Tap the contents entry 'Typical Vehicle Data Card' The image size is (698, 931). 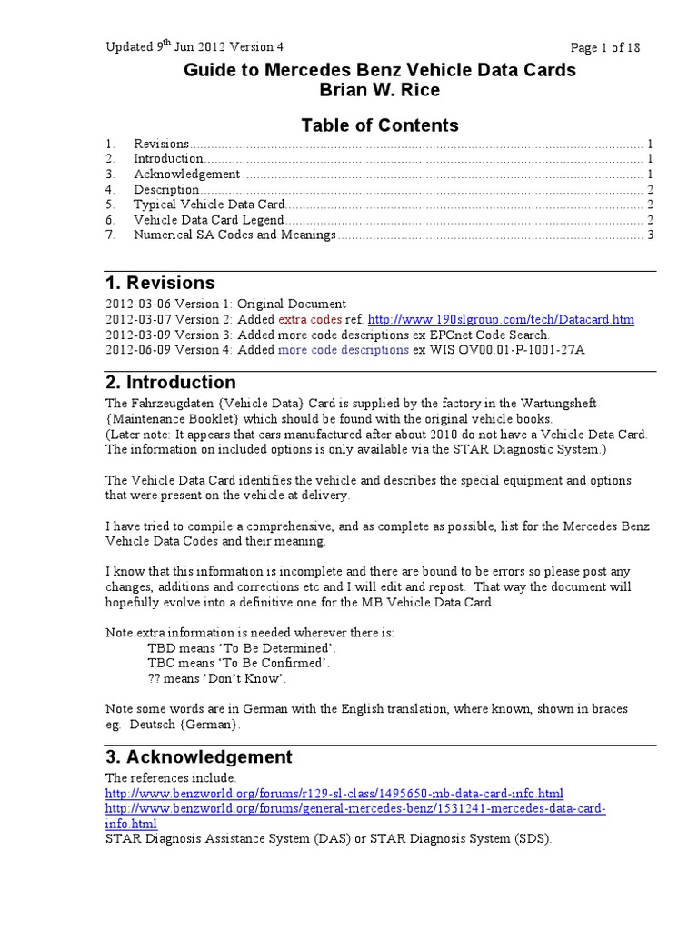[210, 205]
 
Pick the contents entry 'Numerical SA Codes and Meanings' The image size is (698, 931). [234, 235]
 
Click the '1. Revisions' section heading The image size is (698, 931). [160, 283]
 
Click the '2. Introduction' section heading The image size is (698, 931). [171, 383]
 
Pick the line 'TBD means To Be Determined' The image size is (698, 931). [241, 648]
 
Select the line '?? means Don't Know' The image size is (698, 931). [216, 678]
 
